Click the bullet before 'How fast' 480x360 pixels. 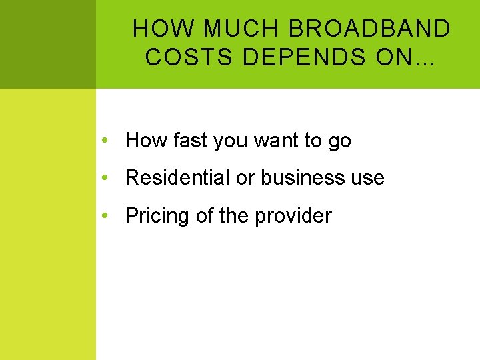(105, 141)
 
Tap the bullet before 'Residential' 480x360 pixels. (105, 178)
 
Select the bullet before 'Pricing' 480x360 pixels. (105, 216)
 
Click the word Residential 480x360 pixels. (177, 178)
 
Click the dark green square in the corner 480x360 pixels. (47, 44)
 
